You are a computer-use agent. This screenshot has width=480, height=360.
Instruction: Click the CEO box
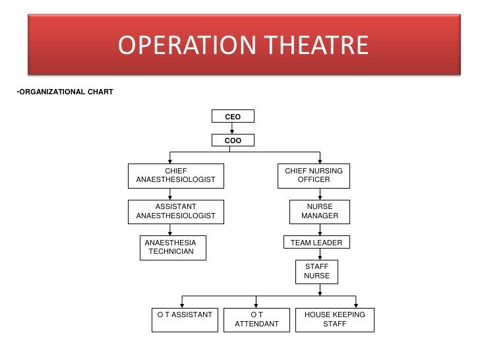233,117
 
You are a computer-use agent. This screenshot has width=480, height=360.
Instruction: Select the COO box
233,140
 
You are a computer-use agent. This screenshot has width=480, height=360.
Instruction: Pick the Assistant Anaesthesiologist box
175,211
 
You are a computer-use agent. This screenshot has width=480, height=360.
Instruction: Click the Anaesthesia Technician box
173,247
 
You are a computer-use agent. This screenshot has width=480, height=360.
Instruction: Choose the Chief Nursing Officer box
314,175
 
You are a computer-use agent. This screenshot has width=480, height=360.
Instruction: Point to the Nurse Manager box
320,211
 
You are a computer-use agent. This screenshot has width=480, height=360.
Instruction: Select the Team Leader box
316,243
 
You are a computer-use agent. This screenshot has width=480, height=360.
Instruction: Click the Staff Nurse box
316,271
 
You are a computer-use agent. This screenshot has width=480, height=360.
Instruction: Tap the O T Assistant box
185,319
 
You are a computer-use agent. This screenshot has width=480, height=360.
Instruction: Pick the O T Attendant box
257,319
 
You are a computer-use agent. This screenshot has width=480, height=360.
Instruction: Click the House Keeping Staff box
334,319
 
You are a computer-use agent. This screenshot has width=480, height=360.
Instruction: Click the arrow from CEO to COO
233,129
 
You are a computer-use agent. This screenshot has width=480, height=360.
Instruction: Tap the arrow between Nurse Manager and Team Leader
320,229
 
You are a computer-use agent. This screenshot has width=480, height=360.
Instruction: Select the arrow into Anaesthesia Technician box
171,229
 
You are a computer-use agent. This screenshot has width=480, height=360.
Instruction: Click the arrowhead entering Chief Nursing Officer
320,160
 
